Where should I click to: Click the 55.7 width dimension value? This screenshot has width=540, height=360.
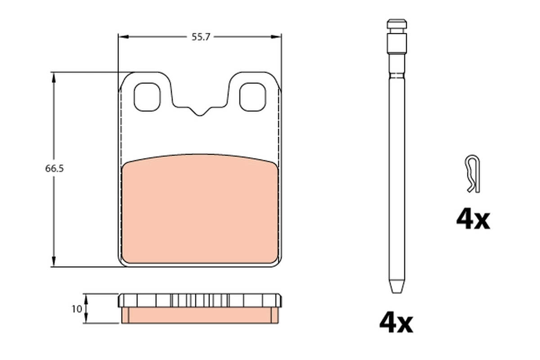click(x=201, y=37)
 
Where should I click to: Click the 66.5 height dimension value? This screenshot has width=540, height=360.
click(x=54, y=169)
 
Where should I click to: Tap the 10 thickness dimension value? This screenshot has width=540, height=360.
click(x=76, y=309)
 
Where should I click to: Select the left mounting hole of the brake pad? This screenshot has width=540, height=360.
click(x=147, y=97)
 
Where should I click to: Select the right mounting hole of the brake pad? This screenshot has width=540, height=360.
click(x=252, y=97)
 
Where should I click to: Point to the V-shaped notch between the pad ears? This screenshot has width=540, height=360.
click(x=200, y=111)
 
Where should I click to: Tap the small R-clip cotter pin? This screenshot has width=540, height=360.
click(x=472, y=174)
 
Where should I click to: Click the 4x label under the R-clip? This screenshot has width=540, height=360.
click(x=472, y=220)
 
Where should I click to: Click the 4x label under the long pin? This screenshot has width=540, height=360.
click(x=396, y=323)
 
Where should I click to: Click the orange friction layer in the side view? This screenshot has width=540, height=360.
click(x=200, y=315)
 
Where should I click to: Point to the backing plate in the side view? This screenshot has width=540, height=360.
click(x=200, y=300)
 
